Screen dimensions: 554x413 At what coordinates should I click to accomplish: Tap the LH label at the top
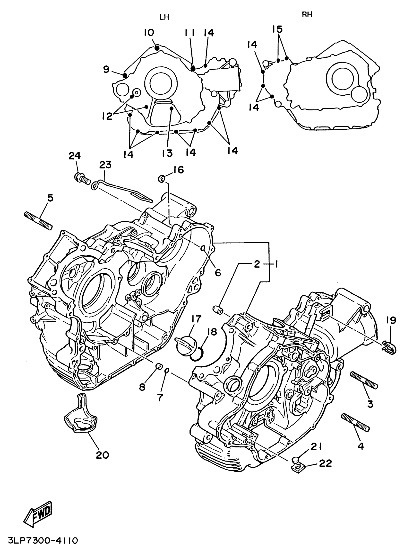pos(164,17)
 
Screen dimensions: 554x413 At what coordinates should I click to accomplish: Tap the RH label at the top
pos(307,15)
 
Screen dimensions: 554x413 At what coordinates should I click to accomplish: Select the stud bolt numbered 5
pos(38,220)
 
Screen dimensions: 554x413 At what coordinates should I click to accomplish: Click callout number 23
pos(105,165)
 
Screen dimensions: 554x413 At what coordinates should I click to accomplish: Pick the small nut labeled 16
pos(161,179)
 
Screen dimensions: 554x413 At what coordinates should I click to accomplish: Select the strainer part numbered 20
pos(80,416)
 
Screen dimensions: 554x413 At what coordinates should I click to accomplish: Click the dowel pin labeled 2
pos(218,309)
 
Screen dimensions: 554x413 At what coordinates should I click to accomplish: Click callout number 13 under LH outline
pos(167,153)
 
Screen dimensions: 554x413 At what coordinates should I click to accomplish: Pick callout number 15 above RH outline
pos(277,29)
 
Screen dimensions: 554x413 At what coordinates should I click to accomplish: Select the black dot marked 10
pos(157,48)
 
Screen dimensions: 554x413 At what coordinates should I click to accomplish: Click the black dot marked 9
pos(125,75)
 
